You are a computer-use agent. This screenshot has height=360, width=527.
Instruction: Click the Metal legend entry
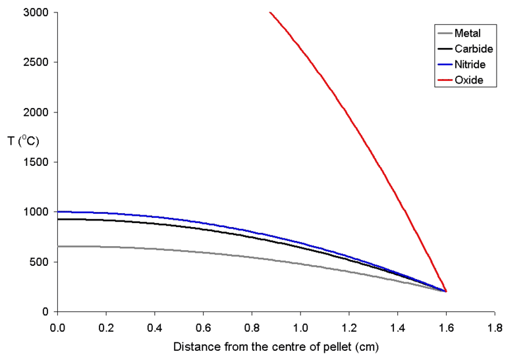(x=467, y=33)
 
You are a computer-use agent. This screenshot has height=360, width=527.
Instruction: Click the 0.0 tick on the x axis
(x=58, y=326)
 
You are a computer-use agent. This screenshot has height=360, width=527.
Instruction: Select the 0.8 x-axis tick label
(x=252, y=326)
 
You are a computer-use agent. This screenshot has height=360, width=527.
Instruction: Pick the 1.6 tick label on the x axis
(x=447, y=326)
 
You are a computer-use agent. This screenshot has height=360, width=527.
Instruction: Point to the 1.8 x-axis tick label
(x=495, y=326)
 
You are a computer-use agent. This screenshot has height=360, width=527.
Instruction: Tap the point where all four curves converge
(x=446, y=291)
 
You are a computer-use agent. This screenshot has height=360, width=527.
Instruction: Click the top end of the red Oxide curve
(x=270, y=13)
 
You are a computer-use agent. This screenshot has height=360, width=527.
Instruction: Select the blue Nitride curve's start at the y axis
(x=59, y=211)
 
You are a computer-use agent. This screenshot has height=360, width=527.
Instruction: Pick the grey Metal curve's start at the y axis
(x=59, y=246)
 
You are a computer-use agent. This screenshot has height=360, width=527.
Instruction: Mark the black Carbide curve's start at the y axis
(x=59, y=219)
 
